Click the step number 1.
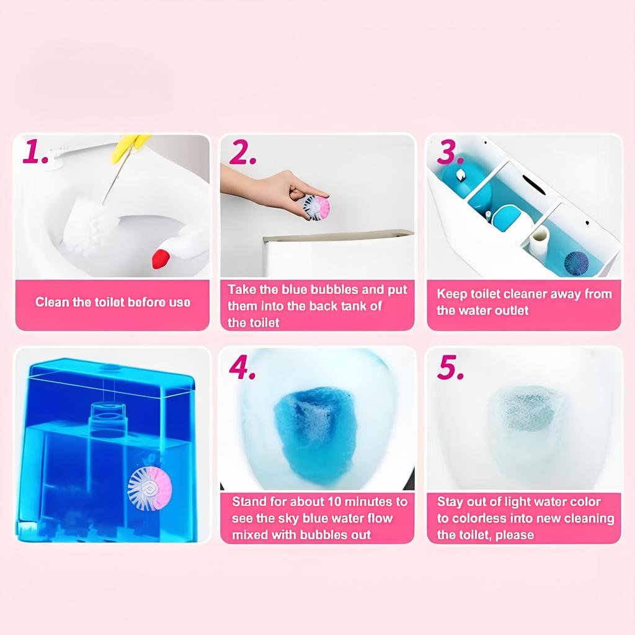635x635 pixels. tap(36, 153)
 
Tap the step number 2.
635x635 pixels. tap(243, 153)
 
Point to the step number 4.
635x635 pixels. tap(243, 368)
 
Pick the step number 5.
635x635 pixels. tap(451, 368)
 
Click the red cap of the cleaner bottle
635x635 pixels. tap(161, 257)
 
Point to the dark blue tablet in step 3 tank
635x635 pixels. tap(575, 263)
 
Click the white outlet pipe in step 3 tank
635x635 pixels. tap(539, 239)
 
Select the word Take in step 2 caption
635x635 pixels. tap(241, 290)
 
